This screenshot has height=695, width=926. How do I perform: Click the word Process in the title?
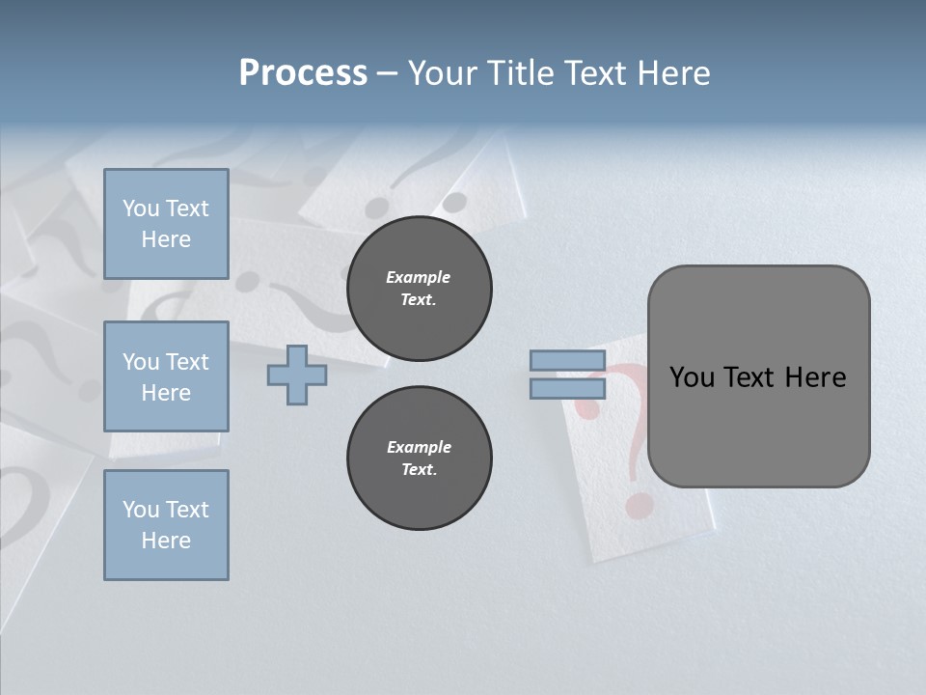[303, 73]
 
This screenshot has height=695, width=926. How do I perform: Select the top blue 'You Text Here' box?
[166, 224]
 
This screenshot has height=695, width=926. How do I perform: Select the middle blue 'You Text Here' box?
[166, 376]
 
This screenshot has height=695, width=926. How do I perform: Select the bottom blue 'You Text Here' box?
[166, 525]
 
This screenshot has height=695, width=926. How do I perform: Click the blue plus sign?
[296, 375]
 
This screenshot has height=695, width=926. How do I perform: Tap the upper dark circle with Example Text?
[420, 289]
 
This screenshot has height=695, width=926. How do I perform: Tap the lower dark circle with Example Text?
[420, 459]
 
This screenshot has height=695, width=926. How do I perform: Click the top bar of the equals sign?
[567, 361]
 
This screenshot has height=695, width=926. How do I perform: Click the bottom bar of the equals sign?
[567, 389]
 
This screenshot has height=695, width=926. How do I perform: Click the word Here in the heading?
[670, 73]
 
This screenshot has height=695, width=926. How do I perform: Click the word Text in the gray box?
[749, 377]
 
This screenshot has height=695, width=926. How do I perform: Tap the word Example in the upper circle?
[419, 277]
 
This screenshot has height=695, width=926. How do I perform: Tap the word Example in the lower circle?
[419, 447]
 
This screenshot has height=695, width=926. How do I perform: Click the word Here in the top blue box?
[166, 239]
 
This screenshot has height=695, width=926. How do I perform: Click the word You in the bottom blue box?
[141, 510]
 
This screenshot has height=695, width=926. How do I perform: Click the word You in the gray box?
[692, 377]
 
